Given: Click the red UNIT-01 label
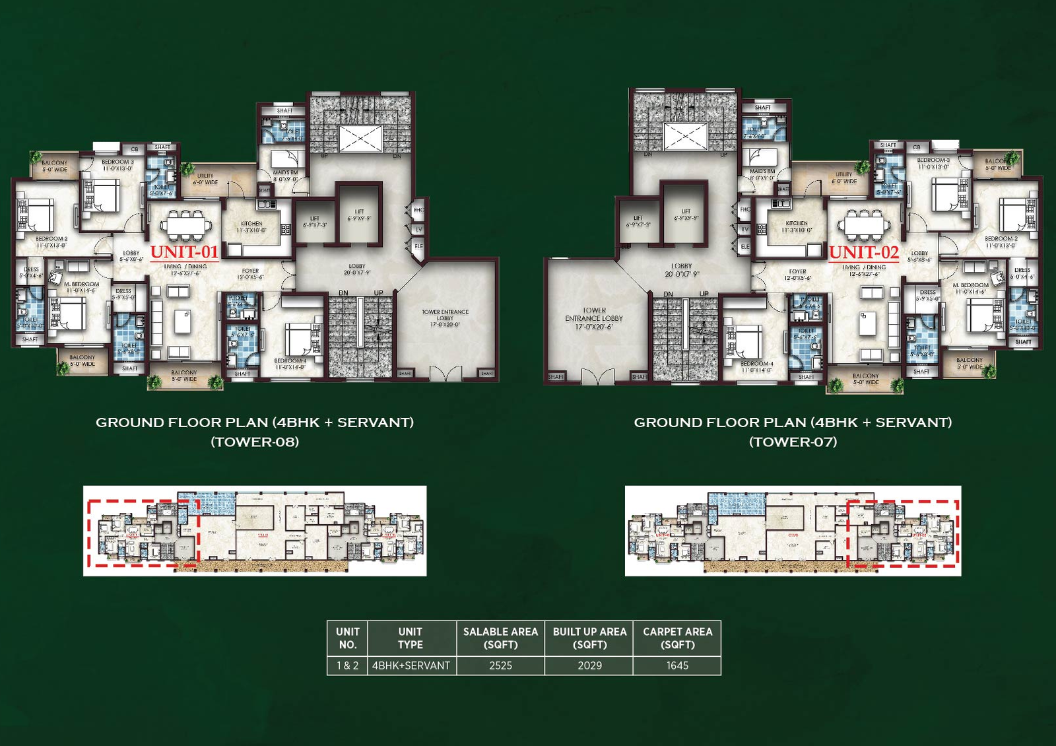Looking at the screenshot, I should pos(184,252).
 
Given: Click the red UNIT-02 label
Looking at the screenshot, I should pos(863,252).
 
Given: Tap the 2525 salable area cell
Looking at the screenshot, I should pos(500,665).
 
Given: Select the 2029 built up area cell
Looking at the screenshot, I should pos(589,665).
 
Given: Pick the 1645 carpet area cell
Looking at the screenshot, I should pos(677,665).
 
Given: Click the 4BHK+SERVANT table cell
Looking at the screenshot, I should pos(411,665).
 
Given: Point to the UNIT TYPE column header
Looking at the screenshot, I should pos(410,638).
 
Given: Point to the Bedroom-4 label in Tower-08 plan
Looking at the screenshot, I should pos(290,364).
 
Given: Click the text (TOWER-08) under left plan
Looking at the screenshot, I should pos(255,442).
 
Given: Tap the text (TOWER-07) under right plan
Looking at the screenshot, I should pos(793,442).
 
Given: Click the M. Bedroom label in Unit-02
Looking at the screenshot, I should pos(970,288).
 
